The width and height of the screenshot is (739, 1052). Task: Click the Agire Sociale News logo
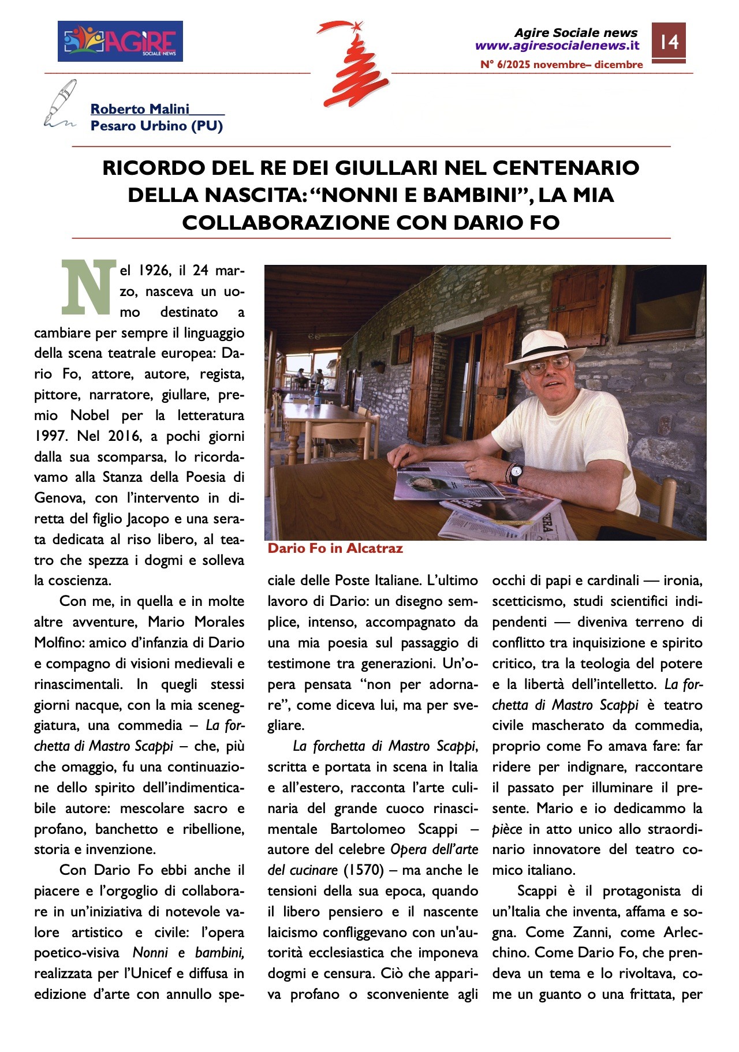[120, 41]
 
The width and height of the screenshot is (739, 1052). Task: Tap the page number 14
[669, 42]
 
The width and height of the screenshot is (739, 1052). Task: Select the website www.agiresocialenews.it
[557, 46]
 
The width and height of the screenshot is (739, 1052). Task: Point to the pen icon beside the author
[59, 103]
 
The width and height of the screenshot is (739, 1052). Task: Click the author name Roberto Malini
[140, 109]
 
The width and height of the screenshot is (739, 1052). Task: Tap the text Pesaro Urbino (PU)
[156, 126]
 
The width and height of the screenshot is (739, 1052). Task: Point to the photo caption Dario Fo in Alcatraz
[335, 548]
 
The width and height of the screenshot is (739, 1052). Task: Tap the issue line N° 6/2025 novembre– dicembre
[561, 65]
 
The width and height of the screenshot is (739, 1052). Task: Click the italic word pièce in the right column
[507, 829]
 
